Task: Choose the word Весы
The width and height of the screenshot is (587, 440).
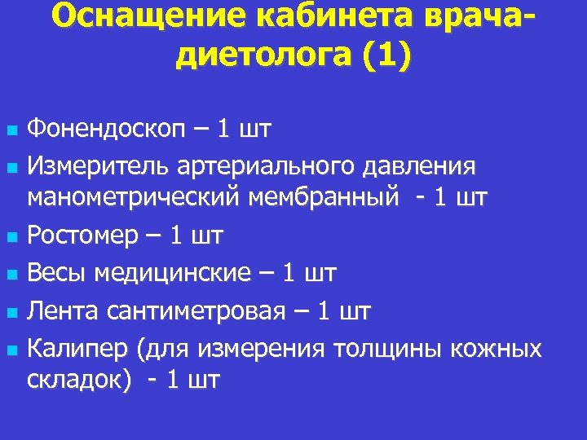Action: pyautogui.click(x=58, y=274)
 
